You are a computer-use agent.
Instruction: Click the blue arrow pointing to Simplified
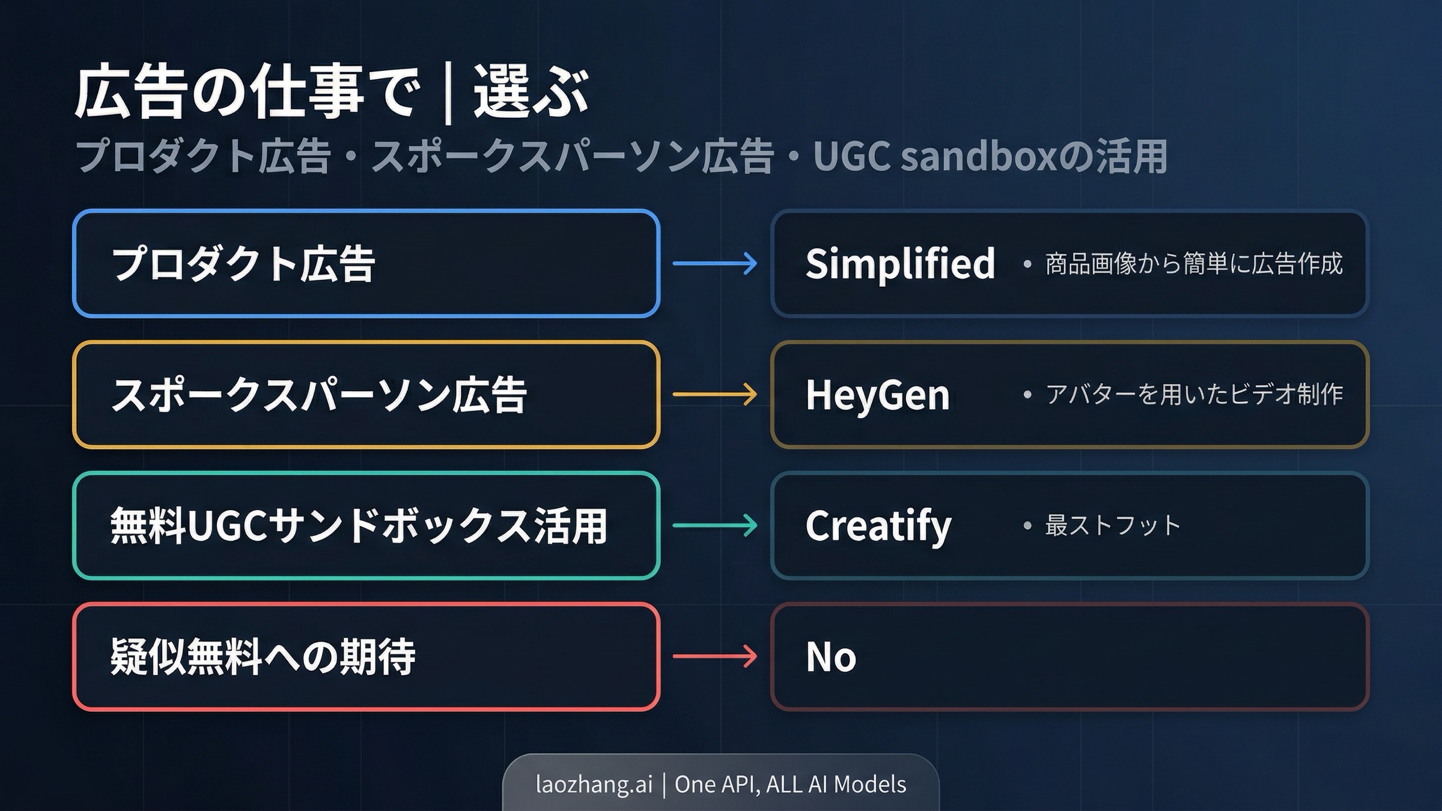715,263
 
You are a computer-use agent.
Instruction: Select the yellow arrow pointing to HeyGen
715,395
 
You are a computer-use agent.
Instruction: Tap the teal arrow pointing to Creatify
715,526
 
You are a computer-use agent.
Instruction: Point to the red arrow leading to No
715,656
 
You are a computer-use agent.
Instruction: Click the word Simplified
900,264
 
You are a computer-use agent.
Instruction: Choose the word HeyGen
877,395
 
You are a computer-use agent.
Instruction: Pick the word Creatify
878,526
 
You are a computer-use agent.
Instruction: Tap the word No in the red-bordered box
831,657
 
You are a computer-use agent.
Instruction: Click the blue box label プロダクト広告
243,264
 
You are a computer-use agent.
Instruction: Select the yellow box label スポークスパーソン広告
319,395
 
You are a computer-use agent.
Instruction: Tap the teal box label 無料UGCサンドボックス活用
358,526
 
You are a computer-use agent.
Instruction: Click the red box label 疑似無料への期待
263,657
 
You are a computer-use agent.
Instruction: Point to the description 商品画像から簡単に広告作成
1194,264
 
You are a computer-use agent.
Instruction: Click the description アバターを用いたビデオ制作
1194,395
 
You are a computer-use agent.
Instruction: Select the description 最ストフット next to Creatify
1113,526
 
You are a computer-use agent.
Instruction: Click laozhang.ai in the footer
594,785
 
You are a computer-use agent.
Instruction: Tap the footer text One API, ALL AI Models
790,785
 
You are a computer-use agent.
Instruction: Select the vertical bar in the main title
448,93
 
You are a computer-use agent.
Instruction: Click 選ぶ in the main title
531,93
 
